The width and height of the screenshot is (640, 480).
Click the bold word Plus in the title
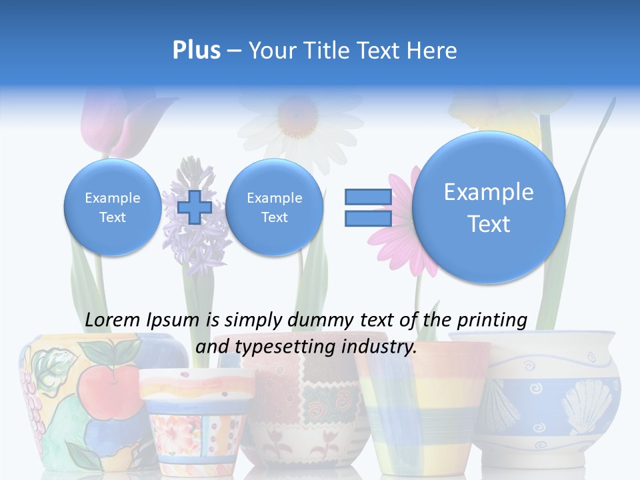click(196, 51)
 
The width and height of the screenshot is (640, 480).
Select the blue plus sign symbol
click(195, 207)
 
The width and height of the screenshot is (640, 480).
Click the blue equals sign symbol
click(367, 207)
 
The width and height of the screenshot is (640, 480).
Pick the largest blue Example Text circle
click(489, 207)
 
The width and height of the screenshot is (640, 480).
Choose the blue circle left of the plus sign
click(112, 207)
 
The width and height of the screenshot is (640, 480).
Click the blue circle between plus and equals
click(274, 207)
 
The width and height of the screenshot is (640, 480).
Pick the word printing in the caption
click(493, 320)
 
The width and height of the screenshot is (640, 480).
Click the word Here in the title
click(433, 51)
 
